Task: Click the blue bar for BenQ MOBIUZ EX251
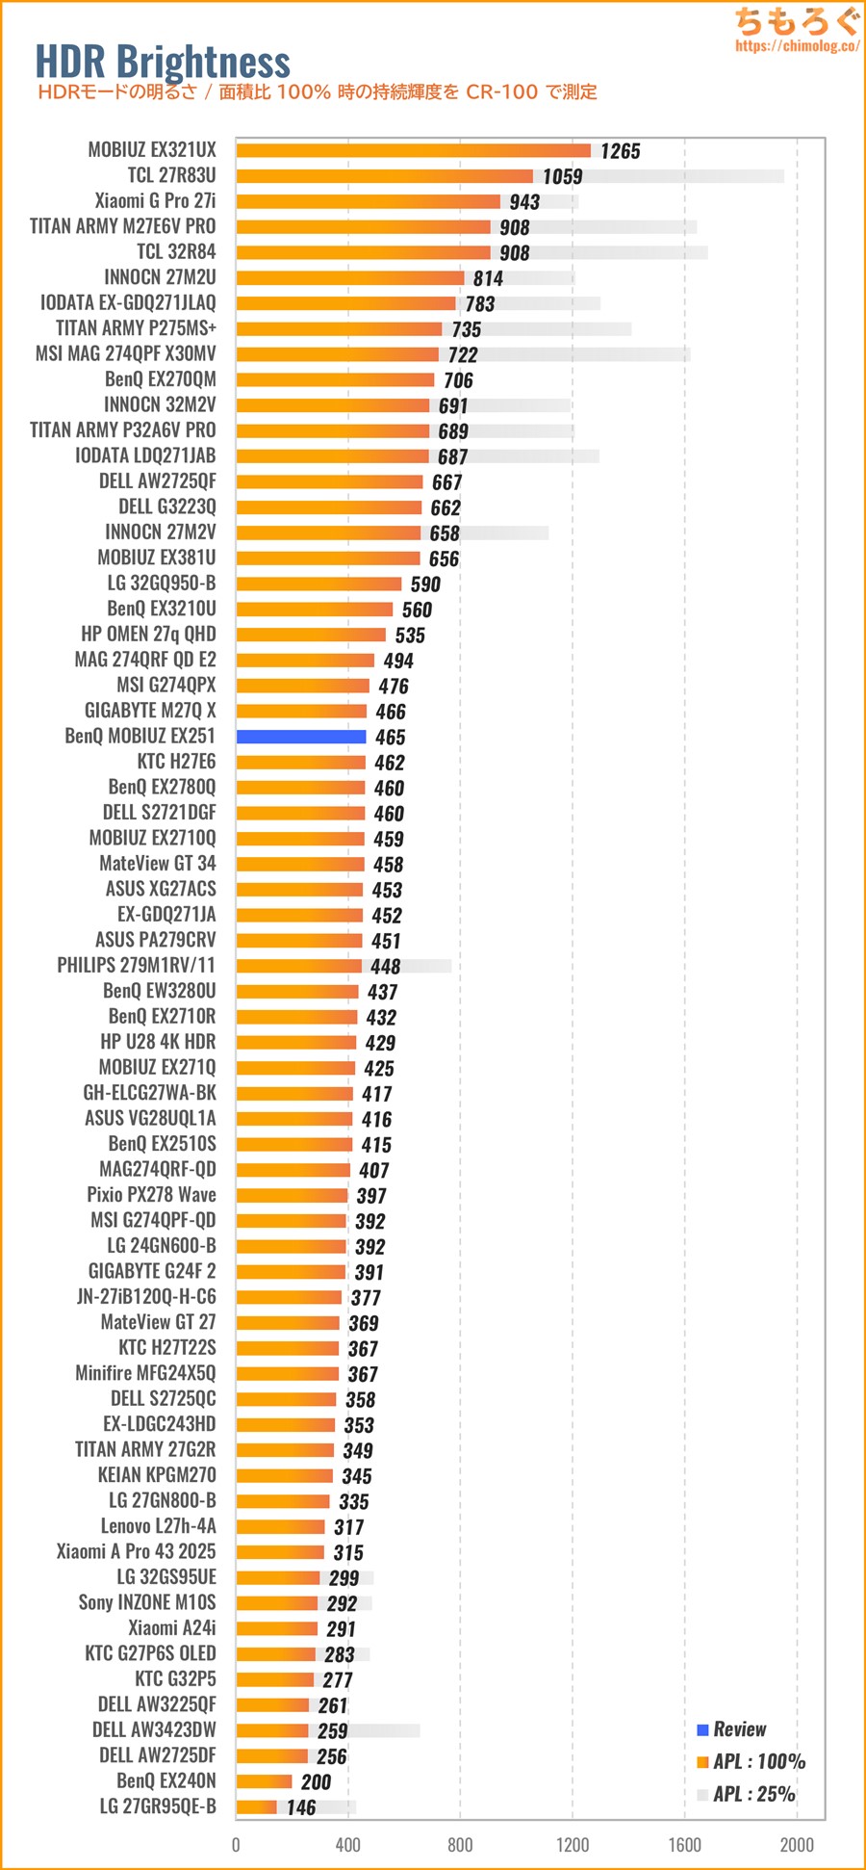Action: pos(301,737)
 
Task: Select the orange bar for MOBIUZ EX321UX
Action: pos(413,150)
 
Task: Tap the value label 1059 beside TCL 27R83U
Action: pos(562,176)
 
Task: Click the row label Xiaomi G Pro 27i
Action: pos(155,201)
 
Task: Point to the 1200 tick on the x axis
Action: pos(573,1844)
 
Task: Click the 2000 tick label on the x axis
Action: pos(797,1844)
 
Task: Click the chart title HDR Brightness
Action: pos(163,62)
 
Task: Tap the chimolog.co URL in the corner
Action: pos(797,45)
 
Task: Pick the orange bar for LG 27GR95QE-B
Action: pos(256,1807)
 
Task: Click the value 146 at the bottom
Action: pos(301,1807)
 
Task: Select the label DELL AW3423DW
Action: pos(154,1730)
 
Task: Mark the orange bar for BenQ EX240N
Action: pos(264,1781)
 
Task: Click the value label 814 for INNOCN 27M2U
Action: pos(488,278)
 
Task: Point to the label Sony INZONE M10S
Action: pos(147,1602)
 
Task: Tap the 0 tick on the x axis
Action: pos(236,1844)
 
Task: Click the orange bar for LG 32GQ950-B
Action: pos(318,584)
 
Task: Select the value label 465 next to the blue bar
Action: pos(390,737)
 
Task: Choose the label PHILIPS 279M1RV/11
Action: pos(136,965)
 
